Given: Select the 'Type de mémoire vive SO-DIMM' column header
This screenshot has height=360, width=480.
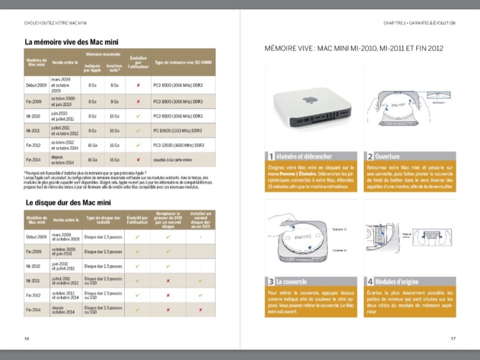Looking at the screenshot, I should [183, 62].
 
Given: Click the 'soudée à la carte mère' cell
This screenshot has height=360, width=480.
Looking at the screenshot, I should [175, 161].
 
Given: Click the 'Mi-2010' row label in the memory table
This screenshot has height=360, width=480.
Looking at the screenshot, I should [33, 115].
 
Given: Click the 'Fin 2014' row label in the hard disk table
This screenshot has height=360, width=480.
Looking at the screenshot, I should [33, 310].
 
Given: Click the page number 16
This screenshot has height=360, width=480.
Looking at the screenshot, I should [27, 338].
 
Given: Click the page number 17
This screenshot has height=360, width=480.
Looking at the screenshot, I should [453, 338].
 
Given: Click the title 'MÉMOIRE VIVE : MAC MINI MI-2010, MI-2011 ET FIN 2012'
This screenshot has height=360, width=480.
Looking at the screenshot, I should [354, 49].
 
